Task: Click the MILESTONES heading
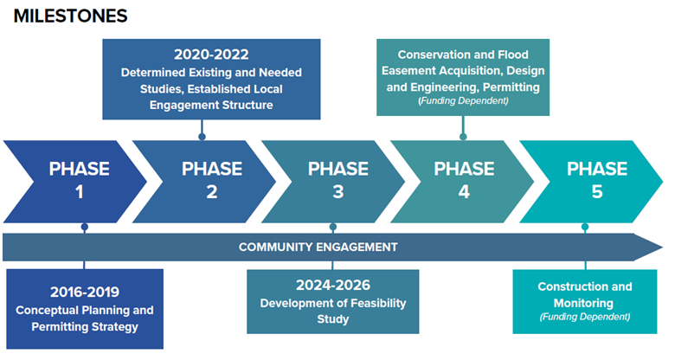click(70, 16)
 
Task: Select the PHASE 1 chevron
click(80, 179)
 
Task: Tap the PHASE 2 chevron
click(211, 179)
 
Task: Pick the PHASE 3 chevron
click(337, 179)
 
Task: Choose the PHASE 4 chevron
click(464, 179)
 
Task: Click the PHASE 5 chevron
click(596, 179)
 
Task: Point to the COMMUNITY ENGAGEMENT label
click(318, 247)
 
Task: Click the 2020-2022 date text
click(211, 54)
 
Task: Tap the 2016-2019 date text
click(84, 292)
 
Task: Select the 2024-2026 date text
click(333, 285)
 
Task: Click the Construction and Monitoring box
click(585, 300)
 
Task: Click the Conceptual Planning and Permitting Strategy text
click(84, 318)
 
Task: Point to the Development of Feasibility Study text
click(333, 311)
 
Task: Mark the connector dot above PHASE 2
click(201, 136)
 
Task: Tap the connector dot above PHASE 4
click(463, 136)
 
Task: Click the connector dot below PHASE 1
click(84, 228)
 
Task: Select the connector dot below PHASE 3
click(333, 228)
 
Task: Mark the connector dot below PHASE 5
click(585, 228)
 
